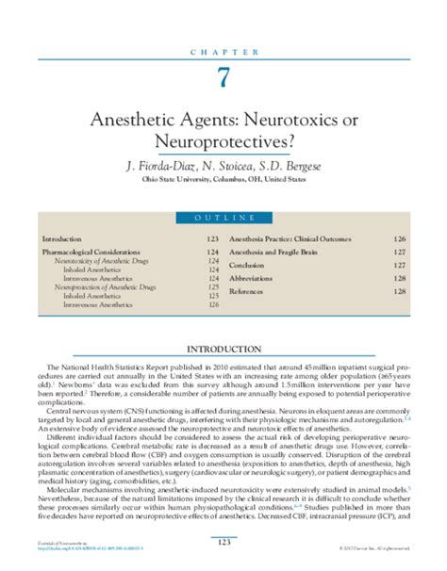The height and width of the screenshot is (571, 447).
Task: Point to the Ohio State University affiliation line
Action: tap(223, 180)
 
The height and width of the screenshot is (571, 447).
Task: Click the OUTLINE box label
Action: tap(223, 219)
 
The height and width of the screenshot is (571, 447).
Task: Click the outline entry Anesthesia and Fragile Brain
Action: tap(275, 252)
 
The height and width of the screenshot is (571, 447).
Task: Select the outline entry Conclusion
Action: tap(247, 265)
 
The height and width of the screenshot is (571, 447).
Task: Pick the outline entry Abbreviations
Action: tap(252, 279)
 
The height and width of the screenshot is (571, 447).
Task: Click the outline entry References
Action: tap(247, 292)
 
